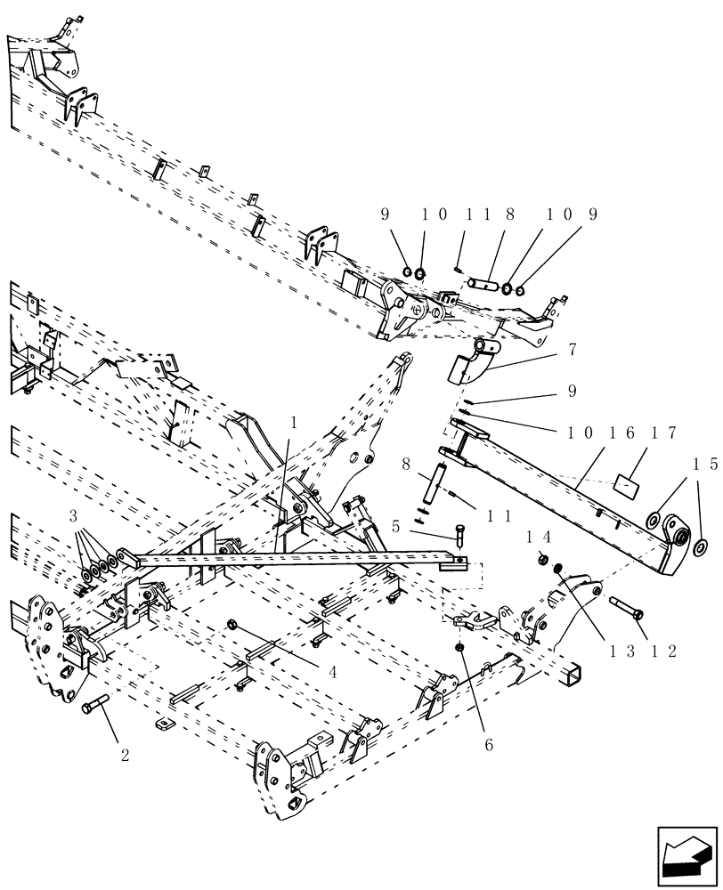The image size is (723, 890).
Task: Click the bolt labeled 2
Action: coord(95,708)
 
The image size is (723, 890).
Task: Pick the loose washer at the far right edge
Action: coord(700,545)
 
